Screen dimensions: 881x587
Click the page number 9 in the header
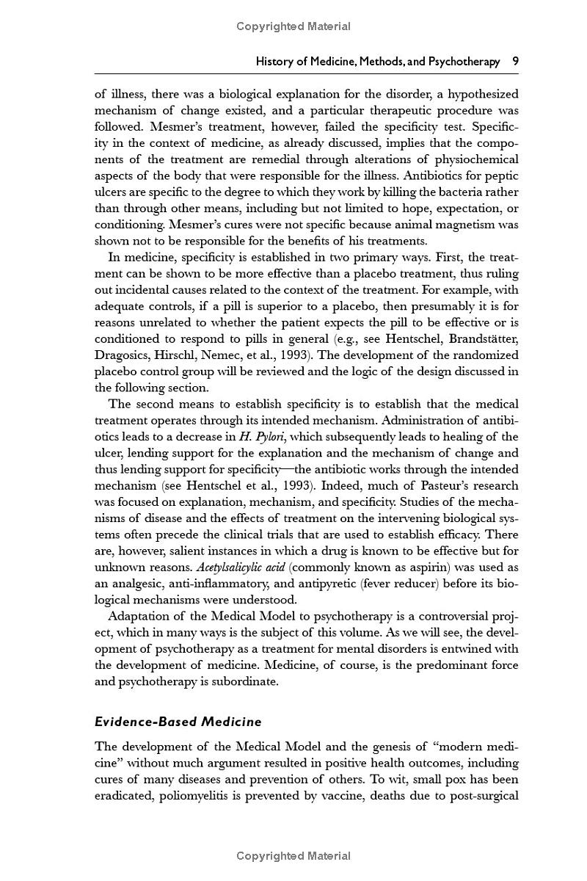click(515, 62)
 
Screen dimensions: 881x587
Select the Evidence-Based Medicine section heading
click(178, 722)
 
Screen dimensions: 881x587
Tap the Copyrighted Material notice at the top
click(293, 26)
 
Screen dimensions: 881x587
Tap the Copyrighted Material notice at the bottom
click(293, 855)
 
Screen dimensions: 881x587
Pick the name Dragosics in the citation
click(123, 355)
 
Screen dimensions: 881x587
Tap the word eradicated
click(123, 795)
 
